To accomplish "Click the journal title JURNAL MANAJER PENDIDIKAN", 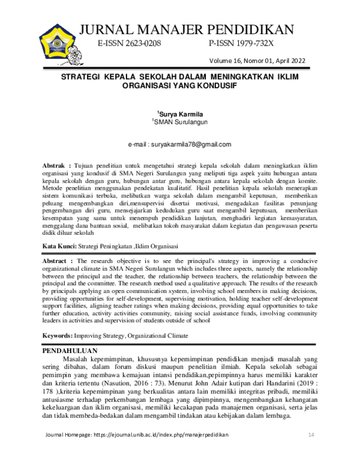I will [x=187, y=29].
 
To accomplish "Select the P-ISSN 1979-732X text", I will [x=241, y=45].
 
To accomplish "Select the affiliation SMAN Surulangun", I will [x=180, y=122].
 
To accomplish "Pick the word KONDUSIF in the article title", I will [x=214, y=86].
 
